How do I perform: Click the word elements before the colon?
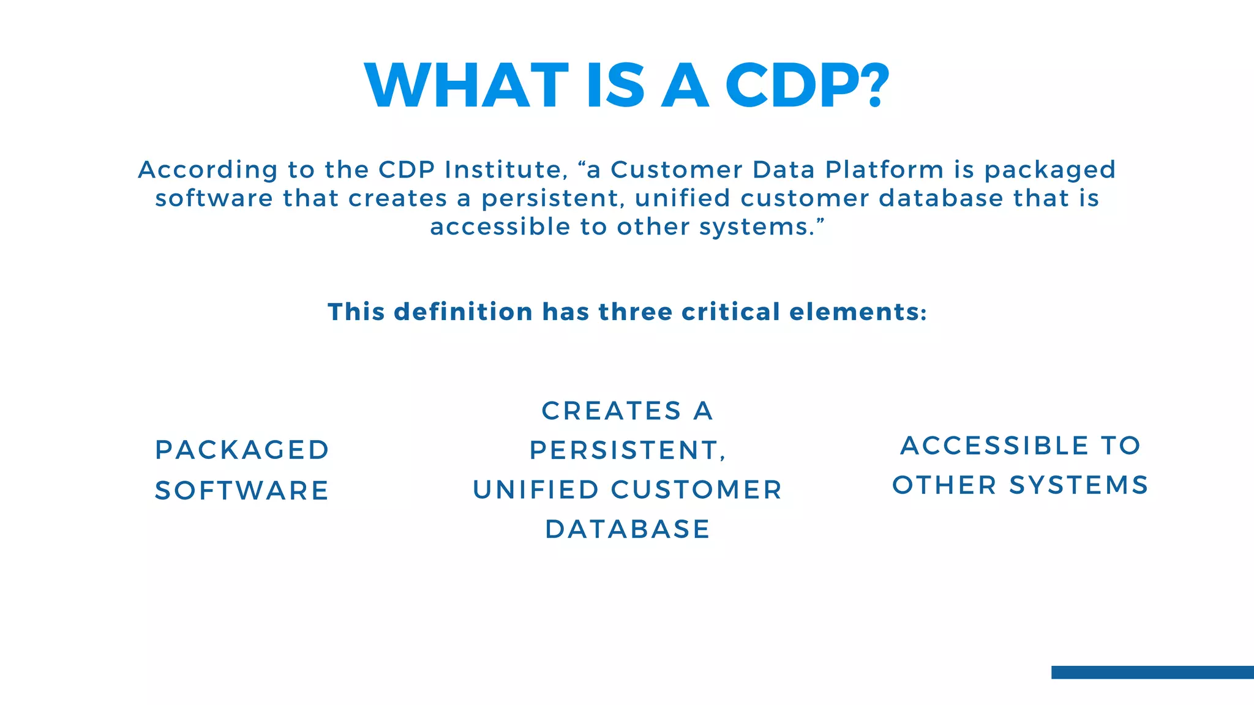854,312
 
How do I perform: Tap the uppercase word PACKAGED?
242,450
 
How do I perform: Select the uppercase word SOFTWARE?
242,491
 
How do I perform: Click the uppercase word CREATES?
611,411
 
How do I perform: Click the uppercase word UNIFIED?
536,490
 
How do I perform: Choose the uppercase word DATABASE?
628,529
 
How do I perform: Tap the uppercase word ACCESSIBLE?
994,446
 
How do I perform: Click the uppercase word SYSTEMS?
1079,485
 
